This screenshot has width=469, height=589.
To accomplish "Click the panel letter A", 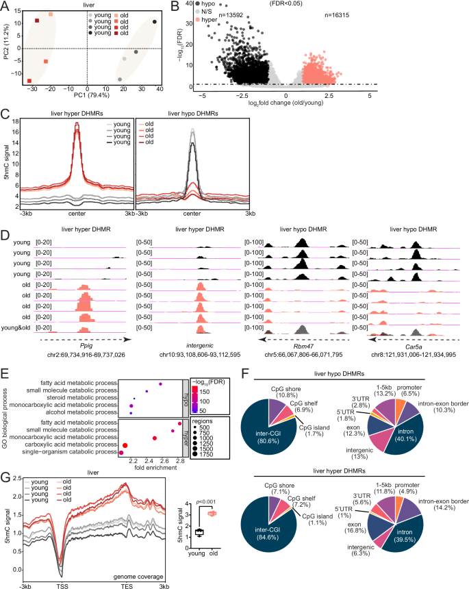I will (5, 6).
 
